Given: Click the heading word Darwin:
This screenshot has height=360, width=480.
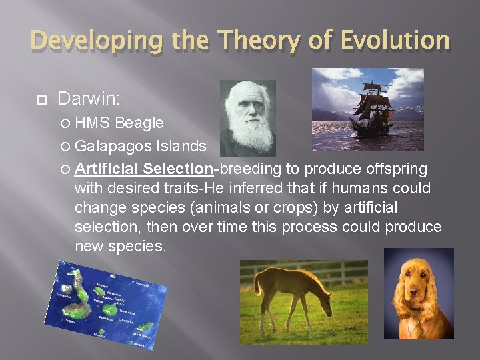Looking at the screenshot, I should pyautogui.click(x=89, y=99).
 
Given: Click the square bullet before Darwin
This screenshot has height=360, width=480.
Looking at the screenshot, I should pyautogui.click(x=40, y=100).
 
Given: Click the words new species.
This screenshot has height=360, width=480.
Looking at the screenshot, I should pyautogui.click(x=120, y=246).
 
